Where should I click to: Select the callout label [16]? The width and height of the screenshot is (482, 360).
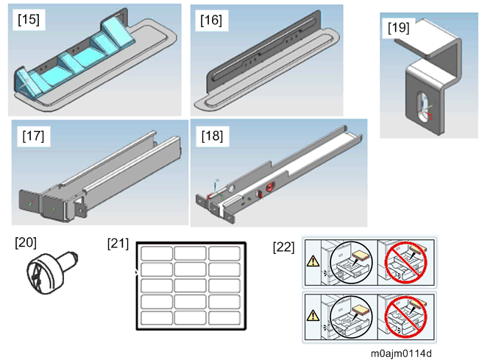210,21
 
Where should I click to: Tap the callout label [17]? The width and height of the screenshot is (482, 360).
34,137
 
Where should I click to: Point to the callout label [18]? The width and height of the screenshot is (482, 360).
210,137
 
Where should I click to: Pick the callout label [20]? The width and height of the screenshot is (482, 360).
26,241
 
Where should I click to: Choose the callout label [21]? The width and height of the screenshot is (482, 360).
118,241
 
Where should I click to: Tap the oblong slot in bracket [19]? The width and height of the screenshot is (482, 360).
419,107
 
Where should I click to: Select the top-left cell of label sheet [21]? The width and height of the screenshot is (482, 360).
155,253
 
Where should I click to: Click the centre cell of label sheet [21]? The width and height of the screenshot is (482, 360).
189,286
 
